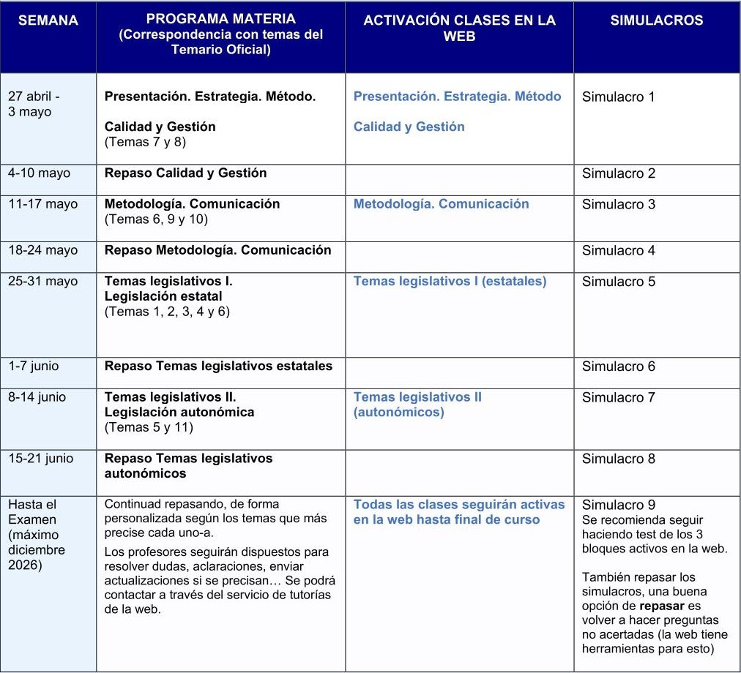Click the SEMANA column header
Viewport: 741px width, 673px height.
pos(48,20)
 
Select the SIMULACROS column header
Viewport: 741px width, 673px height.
pos(657,20)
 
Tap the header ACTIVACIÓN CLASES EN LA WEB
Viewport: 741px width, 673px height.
pos(459,28)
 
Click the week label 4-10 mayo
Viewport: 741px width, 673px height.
pos(40,173)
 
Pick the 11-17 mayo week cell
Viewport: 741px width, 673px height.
pos(42,204)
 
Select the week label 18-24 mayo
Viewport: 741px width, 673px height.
pos(42,250)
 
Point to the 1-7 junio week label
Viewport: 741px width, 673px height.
pos(34,366)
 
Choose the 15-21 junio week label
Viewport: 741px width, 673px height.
pos(41,459)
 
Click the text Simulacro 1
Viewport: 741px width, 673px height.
pos(618,97)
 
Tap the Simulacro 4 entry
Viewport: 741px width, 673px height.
pos(618,250)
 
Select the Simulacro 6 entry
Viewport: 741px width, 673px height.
pos(618,366)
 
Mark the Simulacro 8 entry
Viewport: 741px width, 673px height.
pos(618,459)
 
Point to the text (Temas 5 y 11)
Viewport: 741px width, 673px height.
pos(149,427)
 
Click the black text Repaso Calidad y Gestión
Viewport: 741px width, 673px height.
pos(185,173)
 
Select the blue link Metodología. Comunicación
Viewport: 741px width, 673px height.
pos(441,204)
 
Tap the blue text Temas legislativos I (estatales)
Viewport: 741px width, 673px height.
pos(450,281)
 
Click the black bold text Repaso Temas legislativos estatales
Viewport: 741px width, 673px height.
pos(218,366)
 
